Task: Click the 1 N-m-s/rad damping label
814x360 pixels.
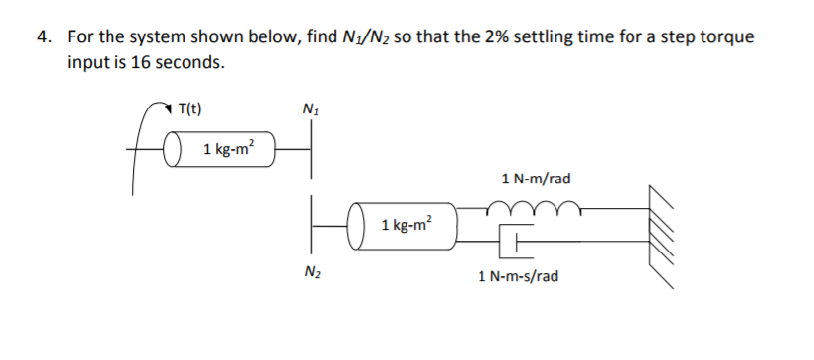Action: [x=518, y=276]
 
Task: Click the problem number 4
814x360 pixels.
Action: [x=44, y=37]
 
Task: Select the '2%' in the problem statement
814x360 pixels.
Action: [x=487, y=37]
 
